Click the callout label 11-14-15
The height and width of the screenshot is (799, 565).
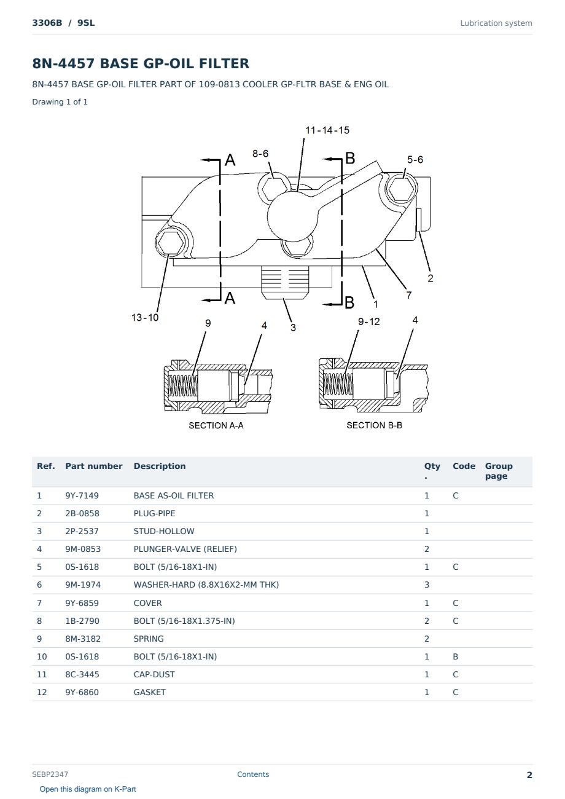327,130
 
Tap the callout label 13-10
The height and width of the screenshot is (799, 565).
145,317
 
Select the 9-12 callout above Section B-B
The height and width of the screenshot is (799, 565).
369,321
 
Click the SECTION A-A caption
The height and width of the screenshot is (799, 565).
216,425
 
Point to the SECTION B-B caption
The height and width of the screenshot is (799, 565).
374,425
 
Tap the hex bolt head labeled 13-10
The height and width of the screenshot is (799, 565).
171,243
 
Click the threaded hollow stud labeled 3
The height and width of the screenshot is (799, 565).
284,282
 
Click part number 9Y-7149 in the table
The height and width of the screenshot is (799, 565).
82,495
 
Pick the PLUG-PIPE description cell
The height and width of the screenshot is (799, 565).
154,513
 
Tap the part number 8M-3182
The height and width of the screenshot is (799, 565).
83,639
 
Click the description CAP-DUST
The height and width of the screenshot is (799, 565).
154,674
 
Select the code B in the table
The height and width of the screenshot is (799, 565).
455,656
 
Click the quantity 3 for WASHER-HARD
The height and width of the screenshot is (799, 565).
427,584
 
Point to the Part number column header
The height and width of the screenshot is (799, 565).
94,466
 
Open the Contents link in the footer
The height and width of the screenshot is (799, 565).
253,774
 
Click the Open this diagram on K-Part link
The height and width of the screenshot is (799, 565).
88,789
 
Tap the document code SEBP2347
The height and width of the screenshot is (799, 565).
50,774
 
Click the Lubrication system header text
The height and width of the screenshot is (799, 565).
496,23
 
